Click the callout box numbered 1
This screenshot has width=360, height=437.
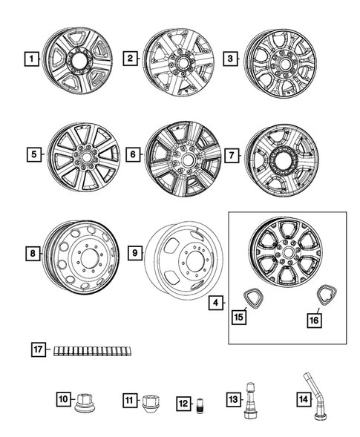pyautogui.click(x=30, y=58)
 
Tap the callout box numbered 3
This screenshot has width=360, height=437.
pyautogui.click(x=231, y=58)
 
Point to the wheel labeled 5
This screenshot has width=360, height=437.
pyautogui.click(x=80, y=155)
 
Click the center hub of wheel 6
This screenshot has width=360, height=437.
pyautogui.click(x=183, y=157)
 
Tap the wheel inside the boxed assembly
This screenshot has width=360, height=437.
pyautogui.click(x=284, y=252)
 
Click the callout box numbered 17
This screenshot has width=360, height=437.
pyautogui.click(x=38, y=349)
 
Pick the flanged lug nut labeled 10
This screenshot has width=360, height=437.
pyautogui.click(x=84, y=401)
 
